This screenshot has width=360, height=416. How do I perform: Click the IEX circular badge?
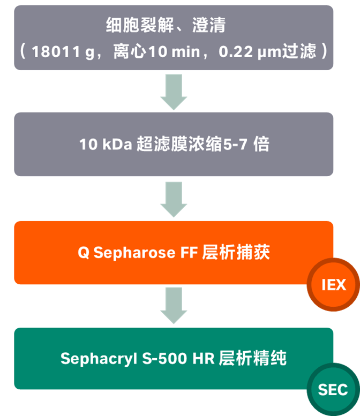click(333, 285)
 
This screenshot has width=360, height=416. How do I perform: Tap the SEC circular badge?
click(333, 389)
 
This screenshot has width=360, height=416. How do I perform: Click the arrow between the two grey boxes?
click(174, 92)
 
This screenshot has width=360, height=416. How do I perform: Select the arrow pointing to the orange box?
click(174, 199)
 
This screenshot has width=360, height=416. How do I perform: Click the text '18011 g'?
click(61, 52)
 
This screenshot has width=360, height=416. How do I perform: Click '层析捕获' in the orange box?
click(236, 252)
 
